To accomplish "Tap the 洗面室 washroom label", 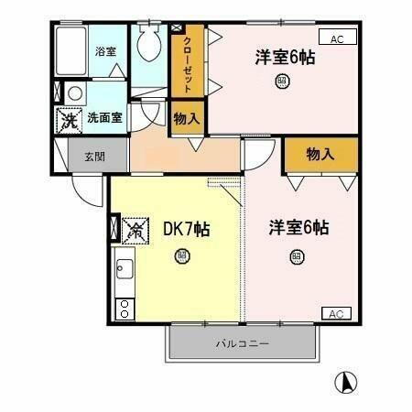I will pos(103,117).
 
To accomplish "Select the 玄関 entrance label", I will pos(95,157).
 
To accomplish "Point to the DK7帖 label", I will pos(186,228).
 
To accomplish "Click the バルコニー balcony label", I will pos(243,344).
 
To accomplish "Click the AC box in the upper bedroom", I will pos(337,38).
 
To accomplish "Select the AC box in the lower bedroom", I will pos(336,314).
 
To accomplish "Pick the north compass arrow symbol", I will pos(348,380).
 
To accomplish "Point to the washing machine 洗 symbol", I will pos(68,119).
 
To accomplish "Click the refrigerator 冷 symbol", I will pos(135,229).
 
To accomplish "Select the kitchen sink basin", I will pos(124,270).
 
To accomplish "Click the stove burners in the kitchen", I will pos(123,308).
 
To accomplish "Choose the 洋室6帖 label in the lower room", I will pos(298,227).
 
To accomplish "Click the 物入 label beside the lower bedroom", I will pos(320,156).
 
